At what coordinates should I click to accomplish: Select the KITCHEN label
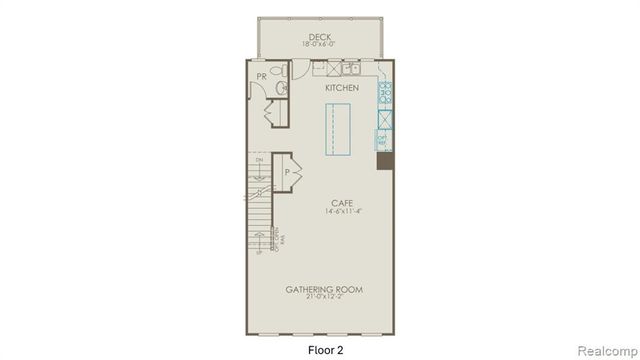click(x=342, y=89)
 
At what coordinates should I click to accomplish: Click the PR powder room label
click(x=260, y=75)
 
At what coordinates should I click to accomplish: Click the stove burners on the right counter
click(x=385, y=97)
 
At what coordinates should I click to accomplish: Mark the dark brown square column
click(x=384, y=161)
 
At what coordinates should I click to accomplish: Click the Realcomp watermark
click(x=607, y=349)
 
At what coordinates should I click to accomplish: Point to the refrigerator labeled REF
click(x=384, y=139)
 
